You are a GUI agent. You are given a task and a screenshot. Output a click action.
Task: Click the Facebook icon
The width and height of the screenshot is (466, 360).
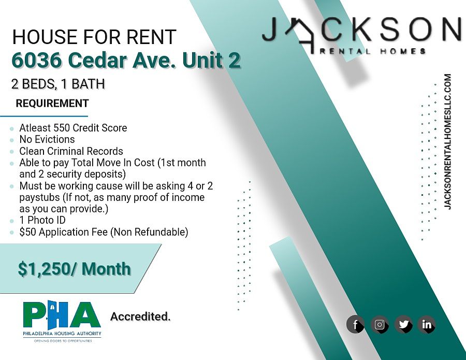[355, 324]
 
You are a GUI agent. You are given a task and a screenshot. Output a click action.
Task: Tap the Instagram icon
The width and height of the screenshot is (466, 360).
[380, 324]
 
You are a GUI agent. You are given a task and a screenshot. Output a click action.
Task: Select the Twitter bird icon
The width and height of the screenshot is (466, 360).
[403, 324]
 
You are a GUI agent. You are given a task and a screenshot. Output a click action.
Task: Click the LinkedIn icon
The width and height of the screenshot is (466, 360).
[427, 324]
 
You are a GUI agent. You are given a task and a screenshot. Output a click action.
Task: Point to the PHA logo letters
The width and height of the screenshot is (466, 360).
[62, 314]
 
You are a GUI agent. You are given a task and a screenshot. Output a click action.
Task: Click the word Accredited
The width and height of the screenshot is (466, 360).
[140, 316]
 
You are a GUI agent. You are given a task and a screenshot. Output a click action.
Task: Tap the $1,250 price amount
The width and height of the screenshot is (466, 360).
[43, 269]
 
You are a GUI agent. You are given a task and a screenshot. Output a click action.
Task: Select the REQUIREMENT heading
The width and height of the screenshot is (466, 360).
[52, 104]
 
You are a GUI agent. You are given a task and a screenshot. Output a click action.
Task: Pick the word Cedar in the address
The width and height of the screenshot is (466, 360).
[97, 60]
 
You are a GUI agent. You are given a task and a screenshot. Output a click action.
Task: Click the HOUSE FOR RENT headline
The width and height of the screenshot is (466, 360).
[94, 37]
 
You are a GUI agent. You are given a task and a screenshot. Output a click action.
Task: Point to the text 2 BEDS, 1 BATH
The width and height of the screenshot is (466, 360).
[58, 84]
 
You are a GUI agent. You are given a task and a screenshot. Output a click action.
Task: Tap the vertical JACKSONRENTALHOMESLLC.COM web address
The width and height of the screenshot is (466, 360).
[447, 142]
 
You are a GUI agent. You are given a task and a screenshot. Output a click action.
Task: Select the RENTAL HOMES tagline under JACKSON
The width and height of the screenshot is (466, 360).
[373, 51]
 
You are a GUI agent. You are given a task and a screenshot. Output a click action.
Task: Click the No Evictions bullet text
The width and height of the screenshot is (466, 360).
[47, 139]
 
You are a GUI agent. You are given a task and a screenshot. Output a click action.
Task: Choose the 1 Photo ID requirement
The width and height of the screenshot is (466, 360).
[42, 220]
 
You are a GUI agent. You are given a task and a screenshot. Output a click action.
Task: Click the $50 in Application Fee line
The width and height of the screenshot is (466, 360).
[28, 232]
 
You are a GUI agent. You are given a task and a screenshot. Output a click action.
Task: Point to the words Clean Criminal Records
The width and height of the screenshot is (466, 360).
[71, 151]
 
